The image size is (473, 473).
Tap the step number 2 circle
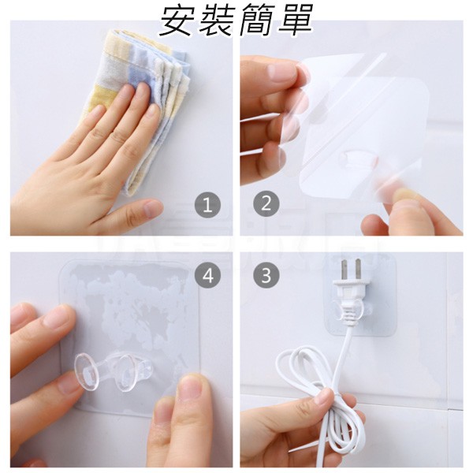[266, 203]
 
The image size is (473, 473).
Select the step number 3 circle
[266, 275]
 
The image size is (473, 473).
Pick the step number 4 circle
[207, 275]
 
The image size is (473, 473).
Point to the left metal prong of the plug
[344, 270]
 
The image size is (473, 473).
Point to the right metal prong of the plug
[358, 269]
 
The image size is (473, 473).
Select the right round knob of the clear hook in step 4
[127, 374]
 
